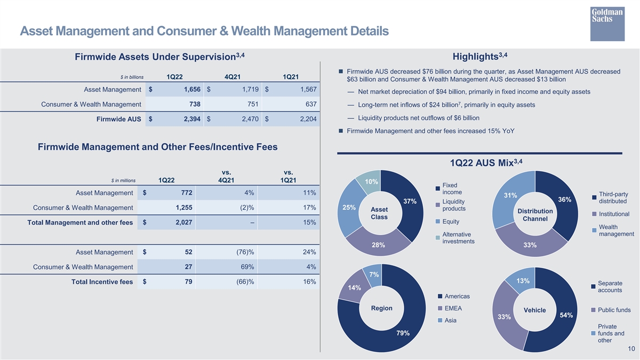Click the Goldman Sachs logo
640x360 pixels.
(607, 23)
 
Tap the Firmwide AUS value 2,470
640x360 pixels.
(250, 119)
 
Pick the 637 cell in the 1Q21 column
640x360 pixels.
(311, 105)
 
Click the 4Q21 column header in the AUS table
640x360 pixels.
(233, 77)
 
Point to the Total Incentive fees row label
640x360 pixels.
(102, 282)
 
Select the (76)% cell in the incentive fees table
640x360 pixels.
(245, 252)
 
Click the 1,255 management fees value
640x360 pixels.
(184, 207)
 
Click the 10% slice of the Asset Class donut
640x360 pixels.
(370, 181)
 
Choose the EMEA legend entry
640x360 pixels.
(450, 308)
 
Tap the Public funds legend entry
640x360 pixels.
(611, 310)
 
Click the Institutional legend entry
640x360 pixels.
(610, 214)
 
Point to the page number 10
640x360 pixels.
(631, 349)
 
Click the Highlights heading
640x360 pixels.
(480, 57)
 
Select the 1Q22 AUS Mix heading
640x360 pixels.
(486, 163)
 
